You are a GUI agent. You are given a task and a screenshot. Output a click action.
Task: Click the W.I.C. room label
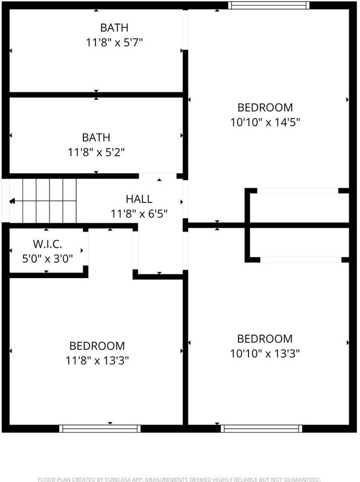coord(48,245)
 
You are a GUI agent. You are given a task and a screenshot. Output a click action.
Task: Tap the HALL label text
coord(139,199)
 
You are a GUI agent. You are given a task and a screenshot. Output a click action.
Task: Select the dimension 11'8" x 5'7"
coord(114,43)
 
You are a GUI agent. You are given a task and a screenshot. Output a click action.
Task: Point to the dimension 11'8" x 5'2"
coord(96,152)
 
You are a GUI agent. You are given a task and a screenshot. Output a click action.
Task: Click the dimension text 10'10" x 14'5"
coord(265,122)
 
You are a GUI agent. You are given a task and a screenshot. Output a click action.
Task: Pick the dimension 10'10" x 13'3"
coord(265,353)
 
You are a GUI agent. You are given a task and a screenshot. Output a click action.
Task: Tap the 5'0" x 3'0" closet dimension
coord(48,259)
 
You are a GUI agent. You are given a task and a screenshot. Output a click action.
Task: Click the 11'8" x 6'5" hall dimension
coord(139,213)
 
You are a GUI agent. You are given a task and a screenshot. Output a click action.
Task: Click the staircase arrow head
coord(12,201)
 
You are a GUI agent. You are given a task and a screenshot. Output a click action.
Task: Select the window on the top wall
coord(268,6)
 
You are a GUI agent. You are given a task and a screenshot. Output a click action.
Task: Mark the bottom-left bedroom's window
coord(99,428)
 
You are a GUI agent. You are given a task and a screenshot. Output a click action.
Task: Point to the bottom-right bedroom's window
coord(261,428)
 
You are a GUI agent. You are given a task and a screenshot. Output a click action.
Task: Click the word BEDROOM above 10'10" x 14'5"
coord(265,107)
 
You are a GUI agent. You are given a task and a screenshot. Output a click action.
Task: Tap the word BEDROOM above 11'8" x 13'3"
coord(97,346)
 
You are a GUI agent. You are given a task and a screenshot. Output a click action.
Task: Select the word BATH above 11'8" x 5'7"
coord(114,28)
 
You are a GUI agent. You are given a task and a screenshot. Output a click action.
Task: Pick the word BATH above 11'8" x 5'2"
coord(96,138)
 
